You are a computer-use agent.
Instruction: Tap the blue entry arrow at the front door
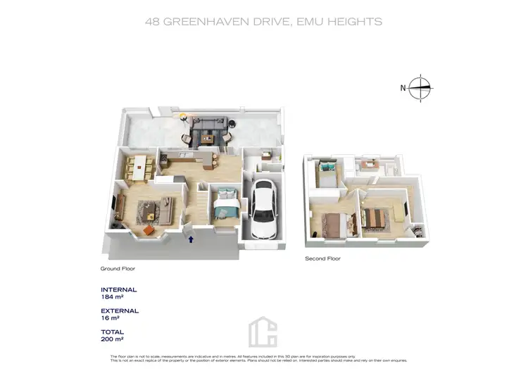tap(191, 239)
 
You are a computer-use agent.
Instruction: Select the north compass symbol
tap(420, 89)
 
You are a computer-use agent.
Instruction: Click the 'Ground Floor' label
tap(118, 269)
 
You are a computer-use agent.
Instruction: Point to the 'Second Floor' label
tap(322, 259)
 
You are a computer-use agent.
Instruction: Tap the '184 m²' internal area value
tap(113, 297)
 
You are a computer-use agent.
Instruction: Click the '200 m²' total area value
tap(113, 339)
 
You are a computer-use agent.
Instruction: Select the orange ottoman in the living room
tap(149, 228)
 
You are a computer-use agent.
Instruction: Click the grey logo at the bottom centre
tap(263, 331)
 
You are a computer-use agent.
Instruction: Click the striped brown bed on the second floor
tap(377, 217)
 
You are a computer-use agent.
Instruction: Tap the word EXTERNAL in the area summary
tap(120, 310)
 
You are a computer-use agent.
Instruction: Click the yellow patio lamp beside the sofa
tap(183, 116)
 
